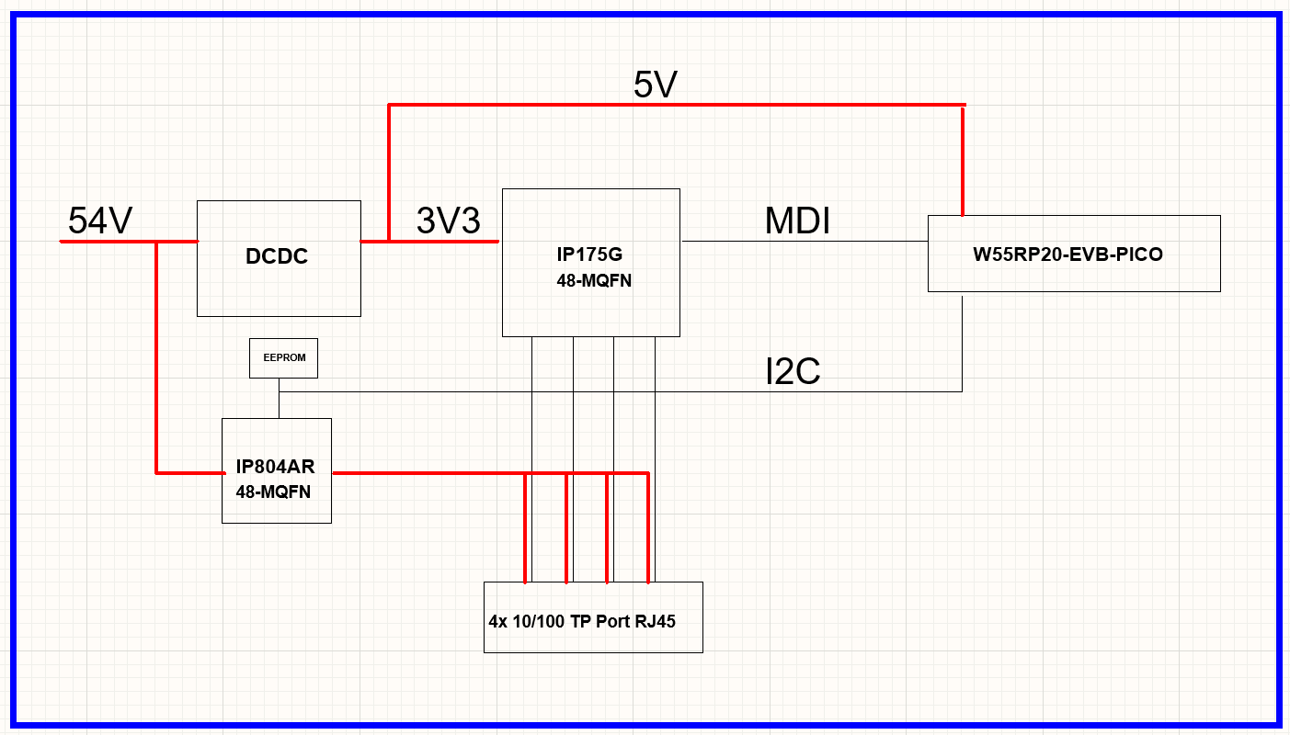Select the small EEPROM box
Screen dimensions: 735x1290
click(283, 357)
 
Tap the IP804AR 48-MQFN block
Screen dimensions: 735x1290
click(276, 470)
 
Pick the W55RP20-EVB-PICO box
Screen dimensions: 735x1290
click(1073, 254)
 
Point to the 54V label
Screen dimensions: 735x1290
click(100, 221)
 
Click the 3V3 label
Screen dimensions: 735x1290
click(448, 220)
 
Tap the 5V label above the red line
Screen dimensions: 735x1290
click(655, 85)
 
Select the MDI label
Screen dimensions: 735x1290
click(797, 221)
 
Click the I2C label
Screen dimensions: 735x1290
click(793, 371)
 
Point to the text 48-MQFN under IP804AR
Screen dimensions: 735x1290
click(273, 492)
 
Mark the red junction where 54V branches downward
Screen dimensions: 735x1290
click(157, 242)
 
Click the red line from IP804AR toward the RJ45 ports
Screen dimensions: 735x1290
click(423, 473)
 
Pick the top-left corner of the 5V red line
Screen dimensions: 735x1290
click(389, 105)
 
